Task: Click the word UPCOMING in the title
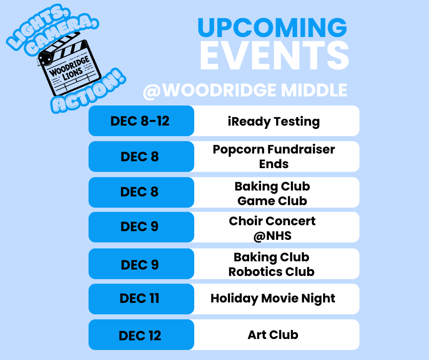[x=272, y=27]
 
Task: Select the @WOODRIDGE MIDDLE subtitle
[x=245, y=90]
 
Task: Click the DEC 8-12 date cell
[x=140, y=121]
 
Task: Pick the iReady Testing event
[x=274, y=122]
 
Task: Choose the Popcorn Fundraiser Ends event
[x=274, y=156]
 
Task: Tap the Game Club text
[x=272, y=201]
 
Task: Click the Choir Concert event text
[x=272, y=221]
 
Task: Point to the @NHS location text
[x=272, y=236]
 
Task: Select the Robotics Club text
[x=272, y=271]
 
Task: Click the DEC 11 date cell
[x=140, y=299]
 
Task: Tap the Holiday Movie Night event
[x=273, y=299]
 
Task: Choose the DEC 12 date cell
[x=140, y=335]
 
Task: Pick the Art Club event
[x=273, y=335]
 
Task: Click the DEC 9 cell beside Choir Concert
[x=140, y=227]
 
